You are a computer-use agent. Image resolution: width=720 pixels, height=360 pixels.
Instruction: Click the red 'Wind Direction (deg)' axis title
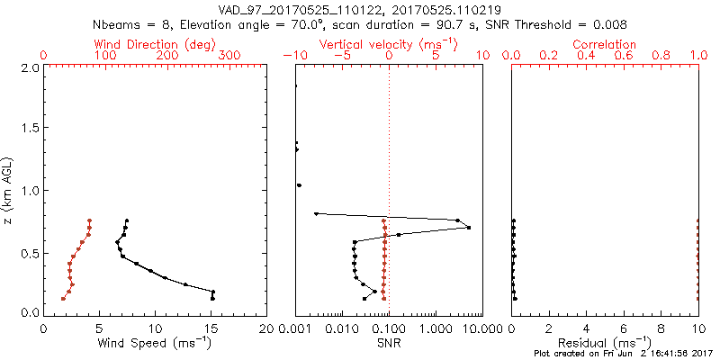[155, 43]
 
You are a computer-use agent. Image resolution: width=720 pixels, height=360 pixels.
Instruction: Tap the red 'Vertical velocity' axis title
[388, 43]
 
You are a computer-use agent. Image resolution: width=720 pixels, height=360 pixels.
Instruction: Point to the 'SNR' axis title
[388, 343]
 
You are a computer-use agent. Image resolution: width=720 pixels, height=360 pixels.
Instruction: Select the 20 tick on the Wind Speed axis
[266, 328]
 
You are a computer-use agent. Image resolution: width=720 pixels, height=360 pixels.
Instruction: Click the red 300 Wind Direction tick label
[229, 56]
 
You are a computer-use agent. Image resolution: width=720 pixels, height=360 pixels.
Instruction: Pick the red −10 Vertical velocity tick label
[292, 56]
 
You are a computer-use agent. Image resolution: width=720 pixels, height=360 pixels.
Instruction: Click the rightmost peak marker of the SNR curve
[469, 228]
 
